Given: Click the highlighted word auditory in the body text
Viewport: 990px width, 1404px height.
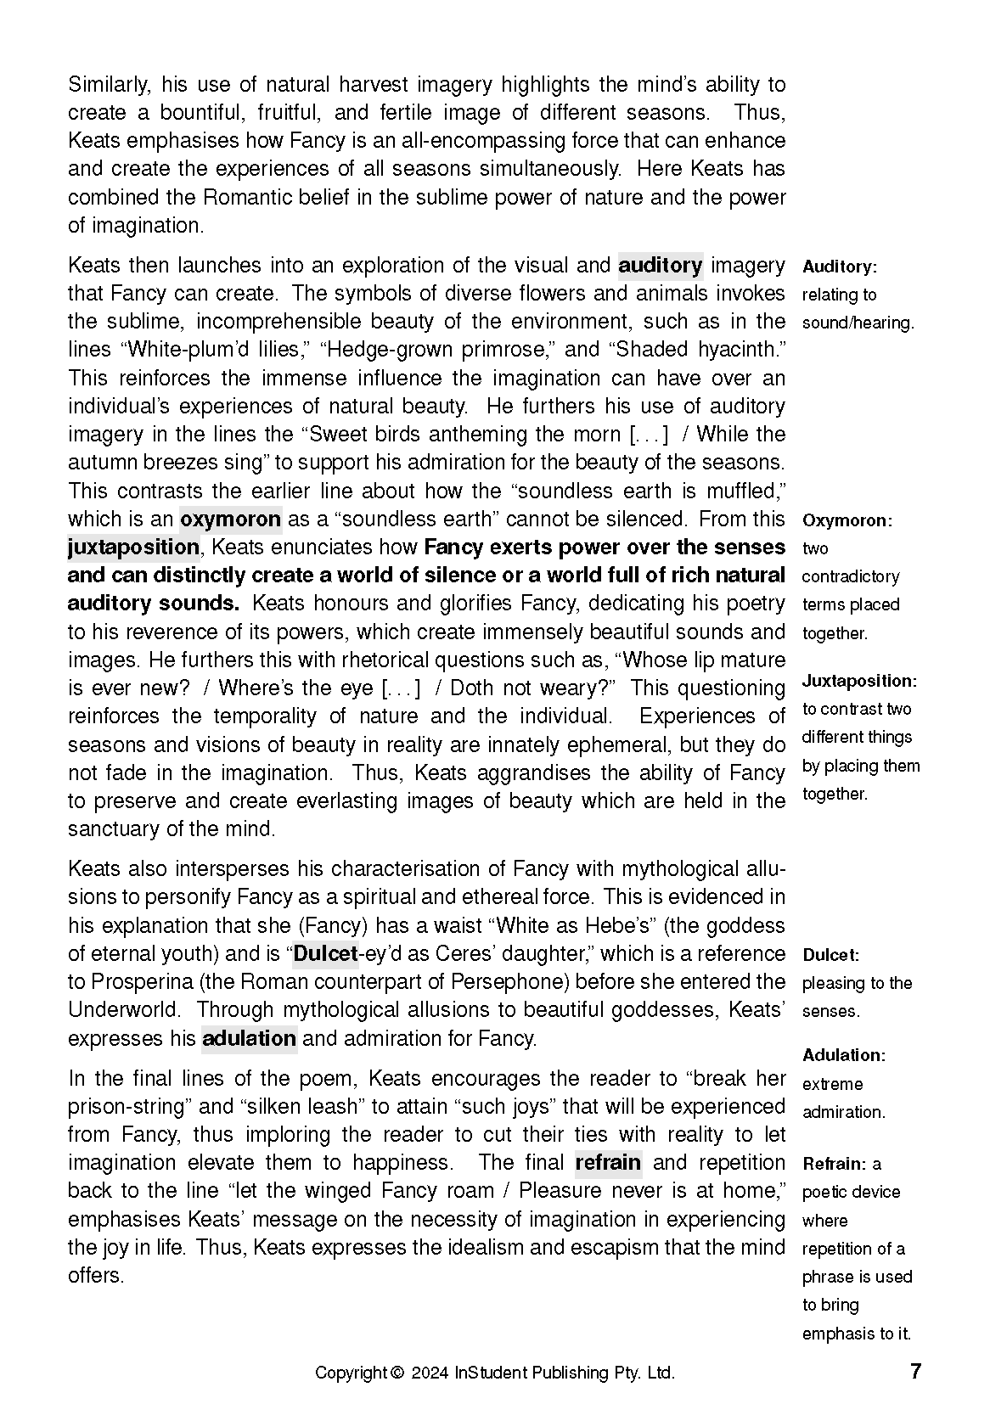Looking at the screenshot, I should pos(660,266).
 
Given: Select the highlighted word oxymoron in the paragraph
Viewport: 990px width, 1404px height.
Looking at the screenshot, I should pos(230,519).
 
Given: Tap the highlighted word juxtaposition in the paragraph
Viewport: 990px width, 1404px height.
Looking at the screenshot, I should pos(133,547).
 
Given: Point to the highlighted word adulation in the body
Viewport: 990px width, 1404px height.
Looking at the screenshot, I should pos(249,1038).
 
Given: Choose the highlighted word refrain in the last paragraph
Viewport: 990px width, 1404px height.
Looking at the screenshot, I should pos(608,1162).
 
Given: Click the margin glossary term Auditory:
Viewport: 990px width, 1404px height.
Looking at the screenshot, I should pos(839,267).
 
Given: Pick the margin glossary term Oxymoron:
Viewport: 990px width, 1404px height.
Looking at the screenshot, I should pos(847,520).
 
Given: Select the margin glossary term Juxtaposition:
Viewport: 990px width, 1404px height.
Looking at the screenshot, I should pos(859,681).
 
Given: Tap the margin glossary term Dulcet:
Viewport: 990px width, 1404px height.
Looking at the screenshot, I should pos(830,955).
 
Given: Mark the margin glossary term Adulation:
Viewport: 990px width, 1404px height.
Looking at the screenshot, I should pos(844,1055).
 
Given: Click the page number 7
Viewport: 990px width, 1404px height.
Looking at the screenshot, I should pos(915,1372).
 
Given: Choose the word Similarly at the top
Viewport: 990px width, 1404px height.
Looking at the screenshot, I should pos(109,85).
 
